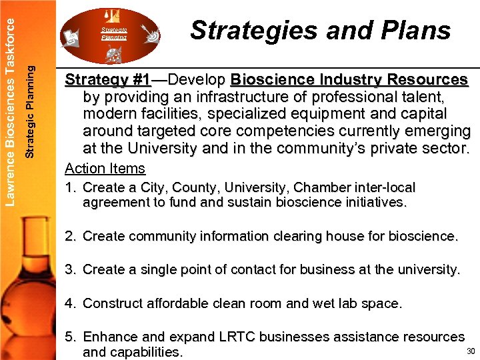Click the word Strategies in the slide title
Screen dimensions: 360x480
click(x=243, y=31)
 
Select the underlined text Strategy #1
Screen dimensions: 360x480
click(x=107, y=80)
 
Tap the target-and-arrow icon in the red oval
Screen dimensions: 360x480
click(x=151, y=33)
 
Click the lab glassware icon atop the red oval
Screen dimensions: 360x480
click(x=111, y=15)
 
